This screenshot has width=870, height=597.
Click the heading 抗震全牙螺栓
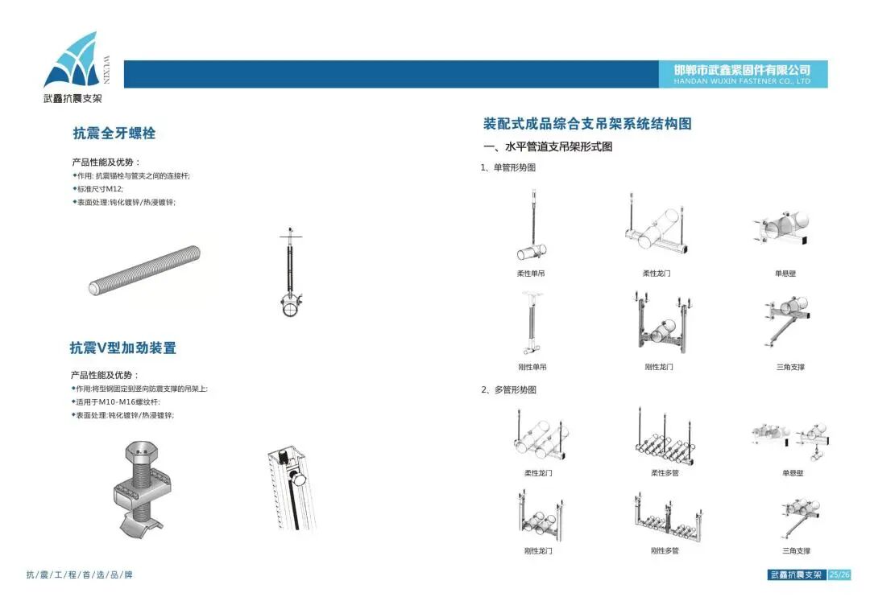(x=114, y=134)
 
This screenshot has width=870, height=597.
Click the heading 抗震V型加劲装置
(x=122, y=348)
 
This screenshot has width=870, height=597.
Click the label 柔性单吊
(x=531, y=274)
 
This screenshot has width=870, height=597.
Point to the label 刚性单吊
(x=531, y=367)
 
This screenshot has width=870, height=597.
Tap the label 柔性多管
(x=665, y=473)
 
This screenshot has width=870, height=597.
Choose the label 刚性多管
(x=665, y=551)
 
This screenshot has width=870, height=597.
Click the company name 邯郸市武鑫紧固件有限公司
(x=742, y=70)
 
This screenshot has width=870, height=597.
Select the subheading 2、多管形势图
(x=508, y=390)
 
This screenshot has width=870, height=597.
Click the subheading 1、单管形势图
(x=508, y=168)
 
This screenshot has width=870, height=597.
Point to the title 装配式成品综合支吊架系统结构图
(x=587, y=124)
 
